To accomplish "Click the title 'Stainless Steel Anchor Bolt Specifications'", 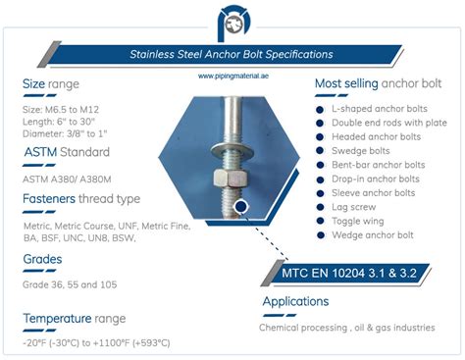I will coord(232,54).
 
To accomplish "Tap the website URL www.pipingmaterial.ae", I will coord(232,76).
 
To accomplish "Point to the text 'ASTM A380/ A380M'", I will coord(66,180).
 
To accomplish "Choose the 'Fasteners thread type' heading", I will coord(80,200).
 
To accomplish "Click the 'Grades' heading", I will coord(43,260).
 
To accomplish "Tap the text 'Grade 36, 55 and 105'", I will coord(70,285).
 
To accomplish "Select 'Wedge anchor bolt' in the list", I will coord(373,235).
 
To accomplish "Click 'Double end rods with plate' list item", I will coord(389,123).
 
